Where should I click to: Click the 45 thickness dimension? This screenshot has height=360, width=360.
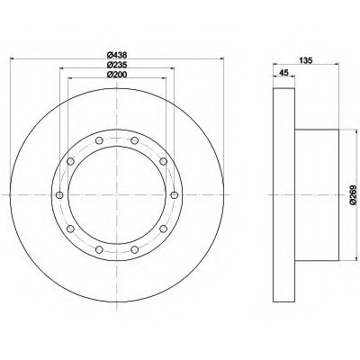click(284, 74)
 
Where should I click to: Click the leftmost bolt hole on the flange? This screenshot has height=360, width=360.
click(59, 197)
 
